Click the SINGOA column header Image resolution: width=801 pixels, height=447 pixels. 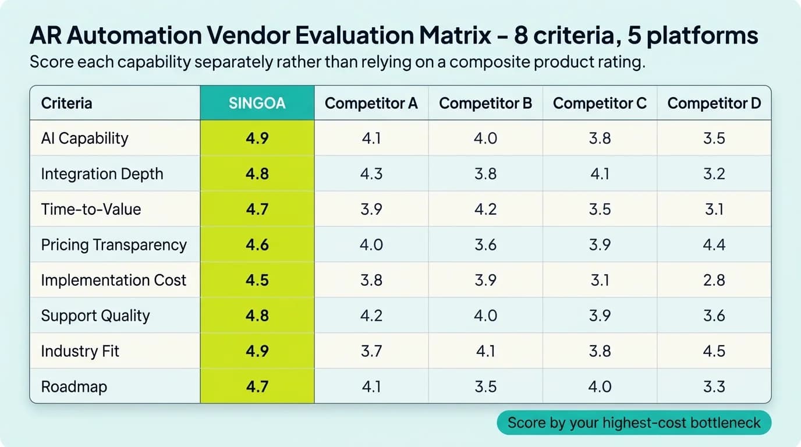point(257,104)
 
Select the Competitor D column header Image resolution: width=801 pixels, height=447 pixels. point(714,104)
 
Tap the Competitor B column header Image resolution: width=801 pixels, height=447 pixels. point(485,104)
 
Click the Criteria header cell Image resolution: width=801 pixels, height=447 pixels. point(66,104)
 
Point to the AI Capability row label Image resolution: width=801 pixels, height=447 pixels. point(84,139)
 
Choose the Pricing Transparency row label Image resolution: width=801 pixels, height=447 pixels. point(114,244)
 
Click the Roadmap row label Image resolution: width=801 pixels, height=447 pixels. point(74,386)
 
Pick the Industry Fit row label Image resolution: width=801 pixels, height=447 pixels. point(80,351)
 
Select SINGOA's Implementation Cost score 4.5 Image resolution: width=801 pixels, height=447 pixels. point(257,280)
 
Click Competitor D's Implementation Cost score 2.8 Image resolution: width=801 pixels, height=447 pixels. point(714,280)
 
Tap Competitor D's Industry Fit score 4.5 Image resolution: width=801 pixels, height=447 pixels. point(714,351)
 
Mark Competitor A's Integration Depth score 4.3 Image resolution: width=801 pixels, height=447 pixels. point(371,174)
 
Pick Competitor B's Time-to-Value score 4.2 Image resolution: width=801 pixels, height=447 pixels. point(485,210)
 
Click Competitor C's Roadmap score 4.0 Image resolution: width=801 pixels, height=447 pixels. point(600,386)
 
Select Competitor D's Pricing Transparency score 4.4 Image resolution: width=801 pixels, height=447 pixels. point(714,244)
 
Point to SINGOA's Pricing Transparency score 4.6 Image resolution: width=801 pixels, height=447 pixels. point(257,244)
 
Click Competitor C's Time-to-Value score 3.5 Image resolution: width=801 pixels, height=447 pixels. point(600,210)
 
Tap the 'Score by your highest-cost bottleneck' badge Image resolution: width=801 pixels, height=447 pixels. point(633,423)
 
